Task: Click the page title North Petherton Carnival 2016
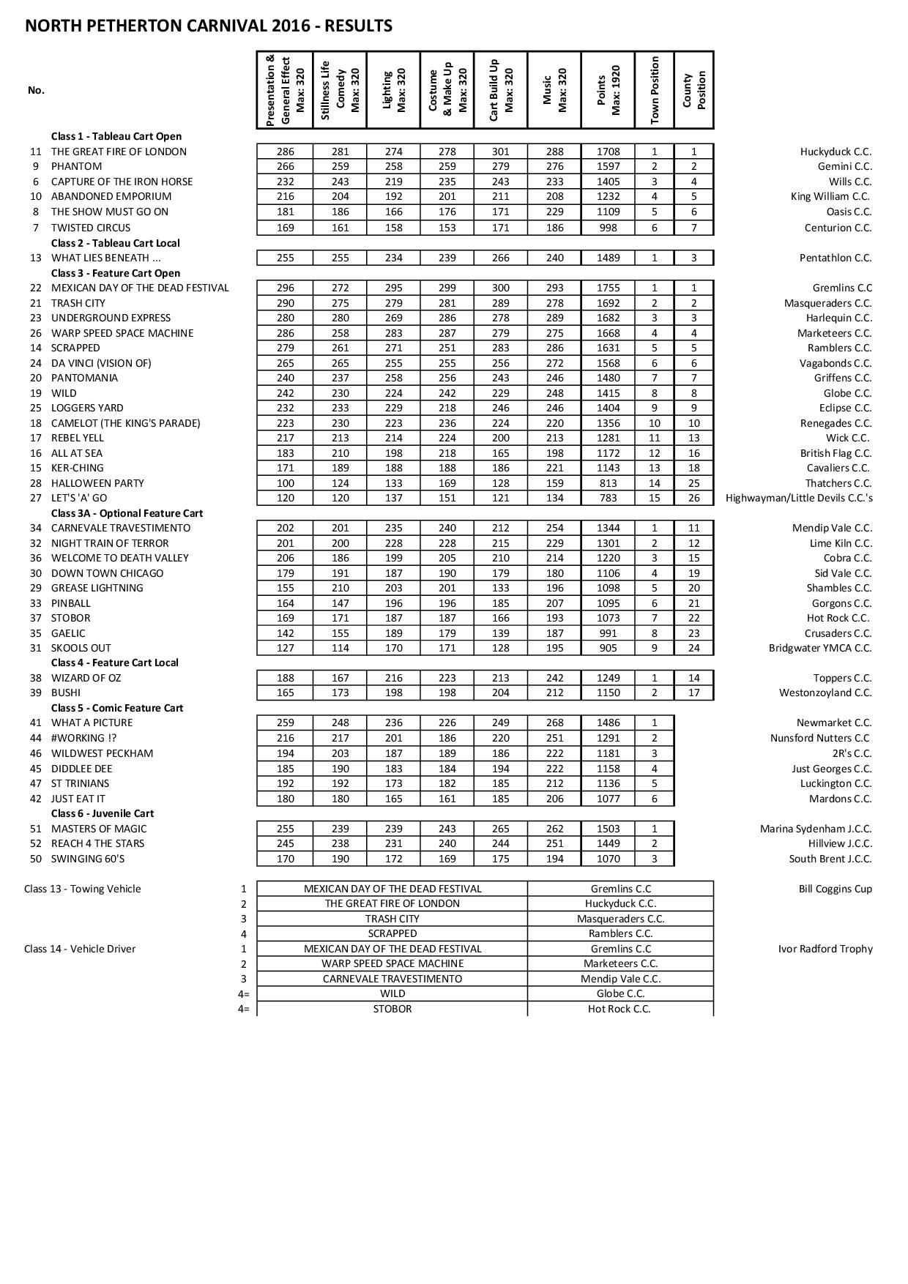209,26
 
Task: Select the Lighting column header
394,90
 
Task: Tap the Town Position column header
655,90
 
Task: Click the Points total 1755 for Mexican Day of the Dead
608,288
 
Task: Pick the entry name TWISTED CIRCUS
91,228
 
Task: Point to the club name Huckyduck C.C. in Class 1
836,152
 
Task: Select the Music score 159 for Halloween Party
555,483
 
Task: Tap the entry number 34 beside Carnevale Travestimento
35,528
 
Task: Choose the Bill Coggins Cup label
835,889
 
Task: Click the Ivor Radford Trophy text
825,949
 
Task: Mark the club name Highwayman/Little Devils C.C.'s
798,498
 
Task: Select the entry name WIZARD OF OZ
86,678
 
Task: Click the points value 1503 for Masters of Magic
608,829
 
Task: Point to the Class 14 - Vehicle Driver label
80,949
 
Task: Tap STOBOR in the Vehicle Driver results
392,1009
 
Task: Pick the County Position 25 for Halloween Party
693,483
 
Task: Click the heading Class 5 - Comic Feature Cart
117,708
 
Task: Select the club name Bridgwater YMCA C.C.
820,648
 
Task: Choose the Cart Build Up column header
501,90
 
